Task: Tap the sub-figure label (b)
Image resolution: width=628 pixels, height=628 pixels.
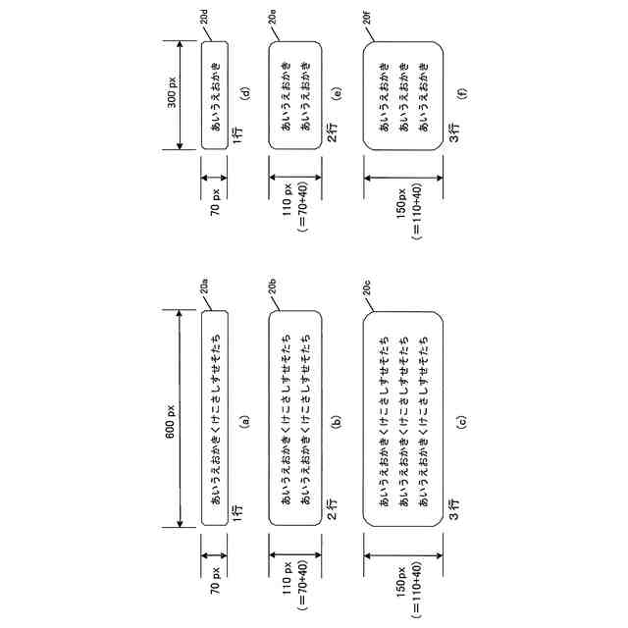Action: coord(337,422)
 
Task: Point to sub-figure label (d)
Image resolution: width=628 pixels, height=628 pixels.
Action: coord(245,95)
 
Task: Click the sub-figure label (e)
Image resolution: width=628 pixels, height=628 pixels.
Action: coord(337,95)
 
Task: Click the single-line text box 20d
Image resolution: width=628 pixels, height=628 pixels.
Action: coord(214,95)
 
